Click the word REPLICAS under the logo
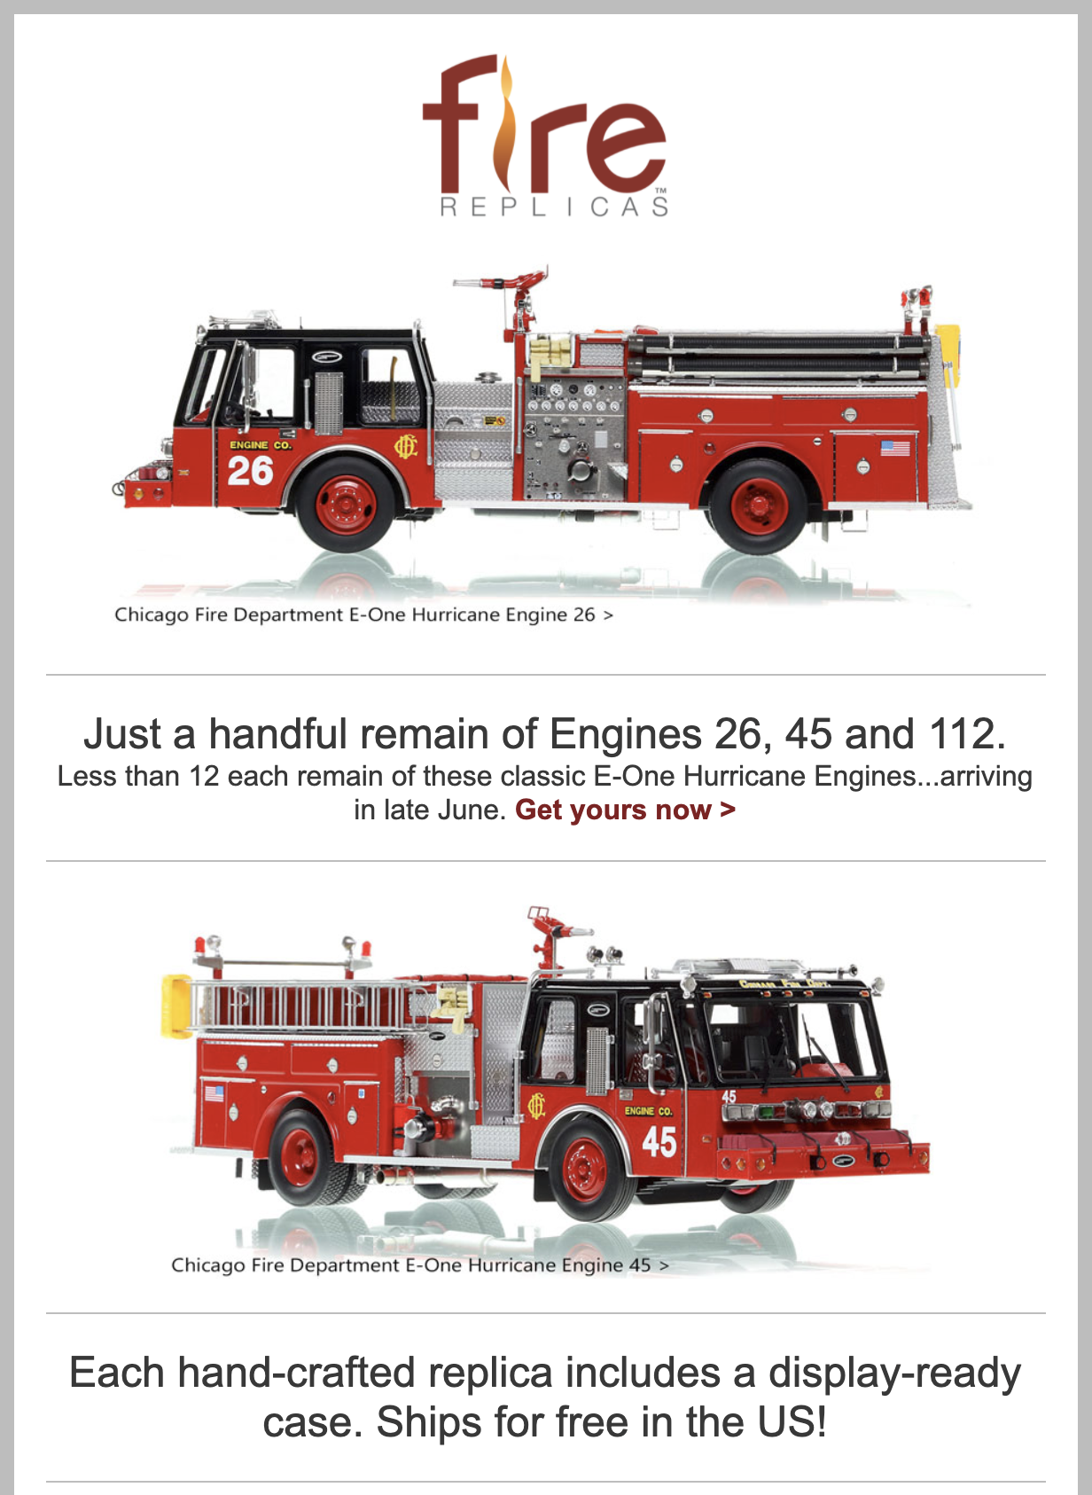coord(554,207)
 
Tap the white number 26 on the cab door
coord(250,471)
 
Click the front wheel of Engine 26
coord(346,505)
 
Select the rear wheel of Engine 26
coord(758,506)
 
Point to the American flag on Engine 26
coord(895,447)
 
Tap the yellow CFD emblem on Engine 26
coord(405,447)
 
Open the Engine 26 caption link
coord(363,614)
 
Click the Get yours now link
coord(625,810)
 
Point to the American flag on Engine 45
coord(214,1095)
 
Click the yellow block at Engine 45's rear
coord(176,1006)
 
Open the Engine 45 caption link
coord(420,1264)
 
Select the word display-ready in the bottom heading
coord(894,1374)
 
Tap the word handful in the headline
coord(278,733)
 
